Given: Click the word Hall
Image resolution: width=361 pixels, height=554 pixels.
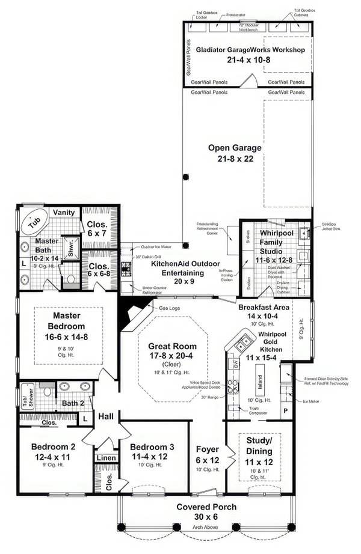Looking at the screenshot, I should tap(106, 415).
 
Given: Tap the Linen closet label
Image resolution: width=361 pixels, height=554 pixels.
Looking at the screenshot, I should tap(106, 458).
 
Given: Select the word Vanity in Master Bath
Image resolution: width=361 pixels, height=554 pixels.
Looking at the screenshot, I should tap(64, 212).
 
